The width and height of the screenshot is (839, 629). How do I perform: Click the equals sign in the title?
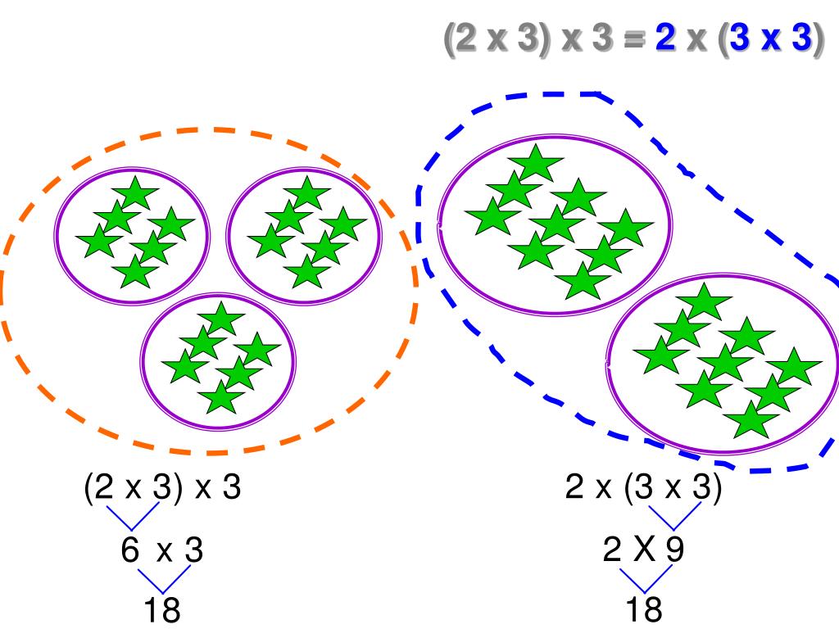[x=634, y=38]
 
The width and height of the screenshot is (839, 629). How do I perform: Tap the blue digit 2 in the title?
[x=665, y=38]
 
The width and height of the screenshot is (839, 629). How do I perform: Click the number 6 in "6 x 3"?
[x=130, y=550]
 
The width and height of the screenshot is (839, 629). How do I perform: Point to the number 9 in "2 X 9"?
[x=674, y=550]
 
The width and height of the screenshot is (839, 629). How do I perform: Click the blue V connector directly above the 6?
[x=134, y=516]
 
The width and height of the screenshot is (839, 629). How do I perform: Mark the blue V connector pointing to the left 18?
[x=161, y=580]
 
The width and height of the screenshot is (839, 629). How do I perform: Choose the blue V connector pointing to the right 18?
[x=643, y=580]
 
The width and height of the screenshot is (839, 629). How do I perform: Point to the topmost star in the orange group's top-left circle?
[x=135, y=193]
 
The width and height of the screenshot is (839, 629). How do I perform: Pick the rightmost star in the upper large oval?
[x=625, y=228]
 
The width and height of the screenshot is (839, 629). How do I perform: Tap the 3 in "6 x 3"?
[x=193, y=550]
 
